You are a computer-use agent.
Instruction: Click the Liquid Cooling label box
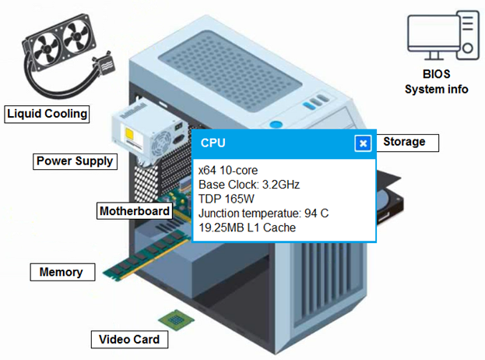tap(47, 115)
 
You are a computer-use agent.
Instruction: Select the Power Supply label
tap(76, 161)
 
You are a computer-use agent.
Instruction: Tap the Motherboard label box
tap(135, 211)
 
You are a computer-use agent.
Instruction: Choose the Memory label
tap(62, 272)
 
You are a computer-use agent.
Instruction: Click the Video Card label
tap(129, 340)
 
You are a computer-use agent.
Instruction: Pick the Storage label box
tap(407, 143)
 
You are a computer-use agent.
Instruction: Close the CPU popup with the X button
tap(363, 143)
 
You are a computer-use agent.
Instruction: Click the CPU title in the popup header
tap(213, 143)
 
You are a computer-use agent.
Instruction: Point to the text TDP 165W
tap(226, 199)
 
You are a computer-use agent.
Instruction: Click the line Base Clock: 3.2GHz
tap(249, 185)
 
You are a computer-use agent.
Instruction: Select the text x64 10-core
tap(228, 170)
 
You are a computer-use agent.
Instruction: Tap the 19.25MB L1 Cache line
tap(247, 228)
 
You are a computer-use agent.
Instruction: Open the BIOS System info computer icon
tap(443, 36)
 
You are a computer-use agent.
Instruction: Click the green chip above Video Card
tap(176, 319)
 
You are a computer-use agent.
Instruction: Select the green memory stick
tap(146, 256)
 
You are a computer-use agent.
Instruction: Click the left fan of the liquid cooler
tap(45, 50)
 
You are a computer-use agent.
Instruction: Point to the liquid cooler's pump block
tap(104, 64)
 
